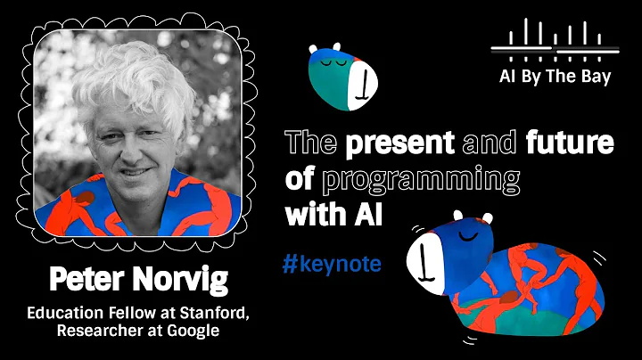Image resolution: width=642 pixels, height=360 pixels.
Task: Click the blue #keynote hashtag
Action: (331, 264)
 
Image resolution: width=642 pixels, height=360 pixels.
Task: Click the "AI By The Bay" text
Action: (555, 76)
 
